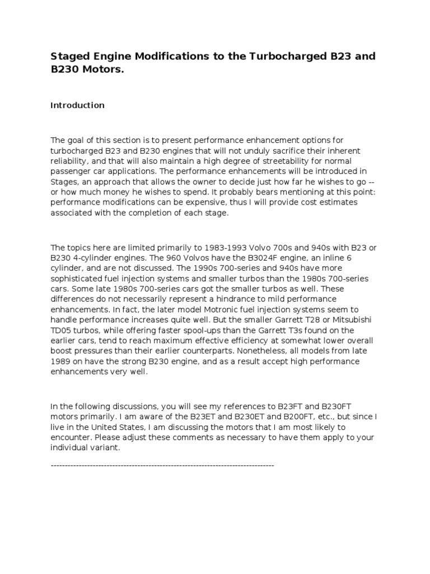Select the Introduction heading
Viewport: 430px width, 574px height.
tap(77, 105)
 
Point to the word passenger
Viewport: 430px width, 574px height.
tap(70, 171)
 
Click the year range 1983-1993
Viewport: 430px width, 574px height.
tap(207, 247)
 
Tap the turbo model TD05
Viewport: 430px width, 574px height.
tap(61, 330)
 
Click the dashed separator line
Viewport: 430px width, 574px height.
tap(162, 465)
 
